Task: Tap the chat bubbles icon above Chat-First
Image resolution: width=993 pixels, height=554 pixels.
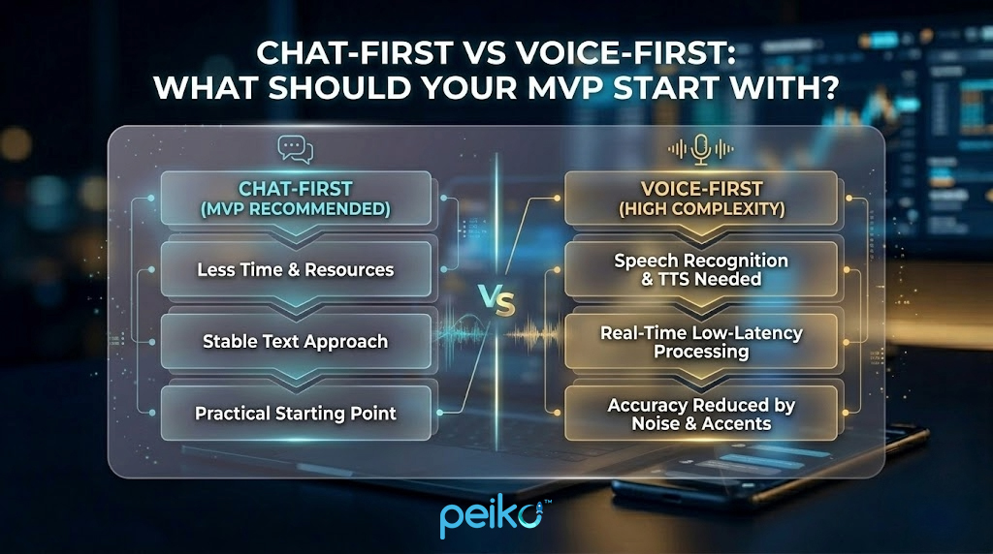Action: pos(295,148)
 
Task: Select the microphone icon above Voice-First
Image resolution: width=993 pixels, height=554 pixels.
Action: pos(701,148)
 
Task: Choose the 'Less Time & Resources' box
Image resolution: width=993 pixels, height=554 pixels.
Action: pos(296,270)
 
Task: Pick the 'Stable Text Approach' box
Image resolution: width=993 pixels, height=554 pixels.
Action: pos(296,341)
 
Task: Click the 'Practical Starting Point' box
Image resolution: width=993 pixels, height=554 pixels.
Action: pos(296,413)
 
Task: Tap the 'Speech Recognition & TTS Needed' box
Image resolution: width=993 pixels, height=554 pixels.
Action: pos(701,270)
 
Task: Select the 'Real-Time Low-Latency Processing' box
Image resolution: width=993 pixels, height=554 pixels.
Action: pos(701,342)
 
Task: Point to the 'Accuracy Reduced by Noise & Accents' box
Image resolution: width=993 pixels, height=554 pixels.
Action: pos(701,414)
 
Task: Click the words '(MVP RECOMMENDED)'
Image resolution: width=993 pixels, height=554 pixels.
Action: pos(295,208)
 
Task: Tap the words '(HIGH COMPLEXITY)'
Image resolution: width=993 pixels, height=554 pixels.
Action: pos(700,208)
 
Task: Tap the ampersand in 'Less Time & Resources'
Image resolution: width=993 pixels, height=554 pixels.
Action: pos(291,270)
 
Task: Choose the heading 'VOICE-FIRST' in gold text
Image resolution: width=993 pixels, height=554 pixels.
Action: pos(700,189)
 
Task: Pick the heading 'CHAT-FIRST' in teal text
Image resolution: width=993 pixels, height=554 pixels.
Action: pos(295,189)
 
